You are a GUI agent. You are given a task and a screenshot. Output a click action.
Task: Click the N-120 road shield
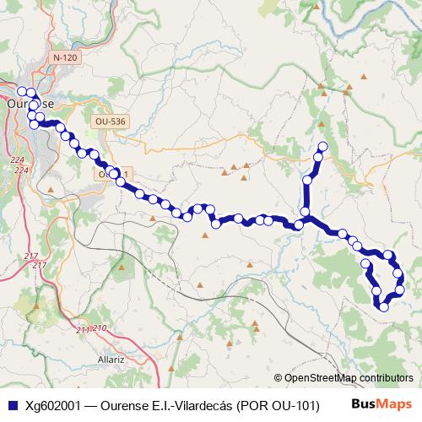coord(64,57)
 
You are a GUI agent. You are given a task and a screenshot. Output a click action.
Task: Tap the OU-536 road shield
coord(110,122)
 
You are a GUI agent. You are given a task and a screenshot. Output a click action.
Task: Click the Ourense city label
coord(30,104)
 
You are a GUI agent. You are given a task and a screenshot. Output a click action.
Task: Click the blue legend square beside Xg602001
coord(12,405)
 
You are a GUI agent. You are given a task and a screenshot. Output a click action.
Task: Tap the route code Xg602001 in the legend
coord(53,405)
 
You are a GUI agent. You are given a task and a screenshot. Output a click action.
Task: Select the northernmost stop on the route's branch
coord(322,148)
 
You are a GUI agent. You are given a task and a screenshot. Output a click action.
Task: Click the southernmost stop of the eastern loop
coord(384,306)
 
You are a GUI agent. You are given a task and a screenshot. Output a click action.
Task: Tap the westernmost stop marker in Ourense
coord(22,91)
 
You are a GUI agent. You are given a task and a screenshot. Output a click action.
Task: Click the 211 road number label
coord(83,329)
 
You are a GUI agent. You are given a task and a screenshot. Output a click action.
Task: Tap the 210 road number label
coord(99,327)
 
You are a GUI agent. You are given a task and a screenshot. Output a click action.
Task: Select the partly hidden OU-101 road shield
coord(113,173)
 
